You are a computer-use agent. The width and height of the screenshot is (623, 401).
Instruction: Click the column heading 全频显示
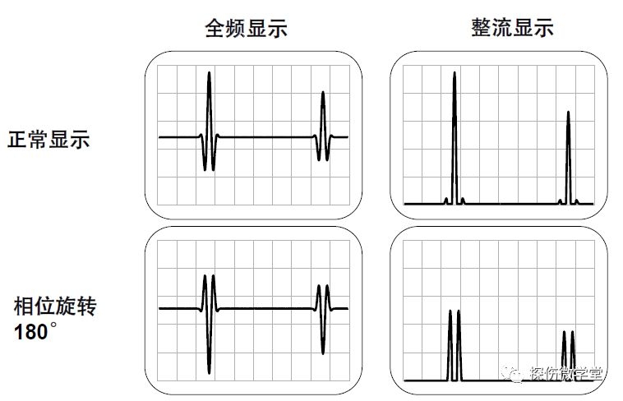click(246, 28)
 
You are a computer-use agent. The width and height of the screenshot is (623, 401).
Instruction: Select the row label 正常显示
click(48, 139)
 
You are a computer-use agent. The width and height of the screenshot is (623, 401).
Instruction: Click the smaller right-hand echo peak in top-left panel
click(322, 95)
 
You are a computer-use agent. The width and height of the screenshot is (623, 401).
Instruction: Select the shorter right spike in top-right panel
click(568, 115)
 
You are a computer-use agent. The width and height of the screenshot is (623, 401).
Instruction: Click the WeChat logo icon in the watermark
click(514, 375)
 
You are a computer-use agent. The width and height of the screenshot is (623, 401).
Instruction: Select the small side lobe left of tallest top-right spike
click(446, 200)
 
